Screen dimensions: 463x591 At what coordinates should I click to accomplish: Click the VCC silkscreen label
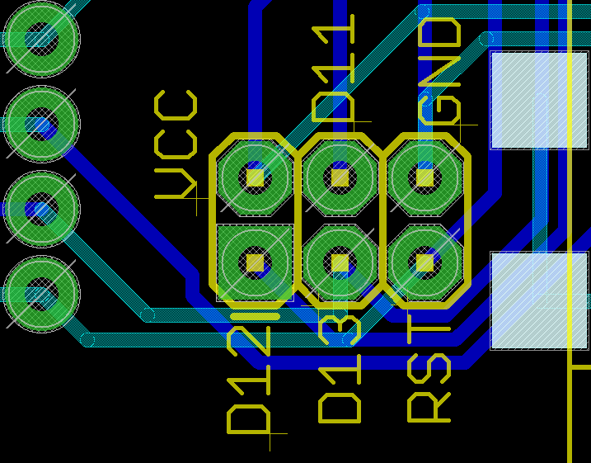[x=176, y=145]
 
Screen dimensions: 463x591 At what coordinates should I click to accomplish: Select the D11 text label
[x=334, y=69]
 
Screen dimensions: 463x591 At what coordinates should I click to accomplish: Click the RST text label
[x=429, y=375]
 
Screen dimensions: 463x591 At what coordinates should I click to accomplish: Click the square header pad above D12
[x=256, y=262]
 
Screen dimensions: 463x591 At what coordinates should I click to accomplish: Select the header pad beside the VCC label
[x=256, y=177]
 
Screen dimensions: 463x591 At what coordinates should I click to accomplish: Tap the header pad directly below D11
[x=340, y=177]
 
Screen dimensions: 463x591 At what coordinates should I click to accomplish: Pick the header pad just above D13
[x=340, y=262]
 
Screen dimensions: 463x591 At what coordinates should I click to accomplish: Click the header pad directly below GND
[x=424, y=177]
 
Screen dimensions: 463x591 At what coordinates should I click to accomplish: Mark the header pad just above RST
[x=424, y=262]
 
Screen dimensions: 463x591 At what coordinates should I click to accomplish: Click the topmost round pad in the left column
[x=41, y=39]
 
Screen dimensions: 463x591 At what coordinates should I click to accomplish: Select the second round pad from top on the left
[x=41, y=125]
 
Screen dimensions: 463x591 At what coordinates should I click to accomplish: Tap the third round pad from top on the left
[x=41, y=210]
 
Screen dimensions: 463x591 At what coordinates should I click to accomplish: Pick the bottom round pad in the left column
[x=41, y=295]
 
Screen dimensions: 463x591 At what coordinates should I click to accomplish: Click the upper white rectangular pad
[x=539, y=100]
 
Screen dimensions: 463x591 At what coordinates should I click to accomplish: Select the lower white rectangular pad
[x=539, y=300]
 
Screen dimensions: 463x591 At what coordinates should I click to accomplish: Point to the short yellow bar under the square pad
[x=256, y=315]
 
